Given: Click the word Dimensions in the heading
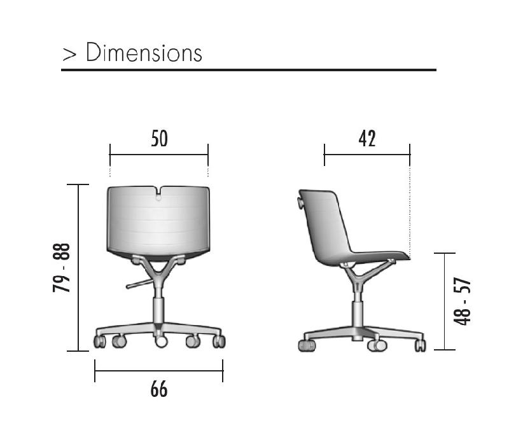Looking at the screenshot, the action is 144,52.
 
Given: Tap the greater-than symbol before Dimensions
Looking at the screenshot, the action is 69,54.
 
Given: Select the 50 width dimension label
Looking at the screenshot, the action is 160,139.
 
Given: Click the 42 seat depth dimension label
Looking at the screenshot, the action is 367,139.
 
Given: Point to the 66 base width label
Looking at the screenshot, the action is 159,389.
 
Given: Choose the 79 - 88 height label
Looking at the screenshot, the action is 61,268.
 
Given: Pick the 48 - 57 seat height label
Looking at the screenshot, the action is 462,302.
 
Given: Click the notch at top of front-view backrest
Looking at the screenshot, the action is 158,193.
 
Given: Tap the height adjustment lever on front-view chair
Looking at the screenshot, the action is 139,284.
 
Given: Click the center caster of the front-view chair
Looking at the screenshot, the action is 161,341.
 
